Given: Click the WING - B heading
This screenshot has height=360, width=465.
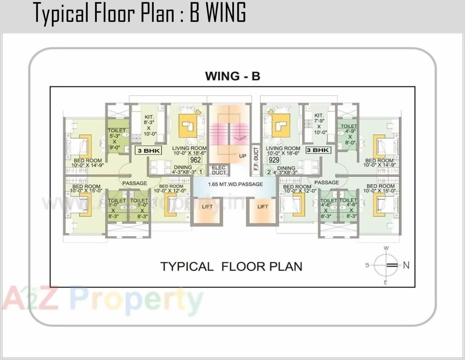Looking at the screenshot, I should (x=232, y=76).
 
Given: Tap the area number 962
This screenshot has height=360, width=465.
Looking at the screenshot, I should (x=195, y=160).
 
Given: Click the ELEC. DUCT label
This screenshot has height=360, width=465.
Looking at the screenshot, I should (x=219, y=170).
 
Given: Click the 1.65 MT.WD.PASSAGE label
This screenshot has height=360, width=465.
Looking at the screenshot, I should (x=235, y=184).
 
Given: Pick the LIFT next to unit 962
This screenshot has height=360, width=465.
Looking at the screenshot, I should (x=207, y=207).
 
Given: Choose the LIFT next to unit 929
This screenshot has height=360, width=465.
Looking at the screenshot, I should (x=263, y=207).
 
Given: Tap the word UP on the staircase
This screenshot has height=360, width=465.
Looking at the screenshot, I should (x=243, y=156).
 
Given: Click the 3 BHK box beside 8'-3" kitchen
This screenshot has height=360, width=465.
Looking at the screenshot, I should (x=148, y=151).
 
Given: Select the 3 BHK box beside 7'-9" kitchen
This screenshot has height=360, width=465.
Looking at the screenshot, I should (x=318, y=150).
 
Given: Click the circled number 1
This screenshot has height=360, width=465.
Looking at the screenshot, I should (x=200, y=172).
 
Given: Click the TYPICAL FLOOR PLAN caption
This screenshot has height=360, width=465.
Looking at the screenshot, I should (x=231, y=267).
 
